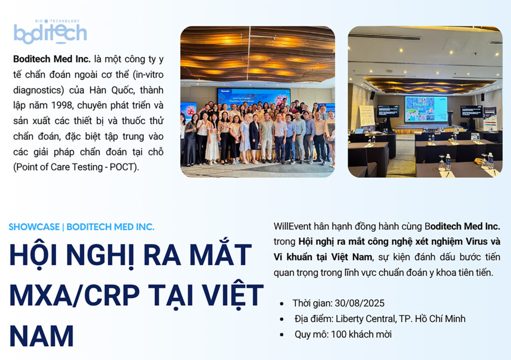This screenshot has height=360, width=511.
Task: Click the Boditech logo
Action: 50,31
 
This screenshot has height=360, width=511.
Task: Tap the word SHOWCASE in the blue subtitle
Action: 34,227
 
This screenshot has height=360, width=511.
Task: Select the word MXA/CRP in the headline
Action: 75,295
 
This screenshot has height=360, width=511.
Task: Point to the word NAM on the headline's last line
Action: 42,336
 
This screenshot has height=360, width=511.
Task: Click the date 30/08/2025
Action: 359,303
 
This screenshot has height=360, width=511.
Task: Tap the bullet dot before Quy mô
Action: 282,335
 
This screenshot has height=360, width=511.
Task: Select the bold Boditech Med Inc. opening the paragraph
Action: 52,59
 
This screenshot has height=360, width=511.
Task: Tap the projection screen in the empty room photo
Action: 426,109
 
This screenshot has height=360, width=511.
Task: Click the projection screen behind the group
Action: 254,97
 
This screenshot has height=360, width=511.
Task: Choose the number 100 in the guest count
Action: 338,335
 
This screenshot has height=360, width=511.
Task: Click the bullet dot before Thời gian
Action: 282,304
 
